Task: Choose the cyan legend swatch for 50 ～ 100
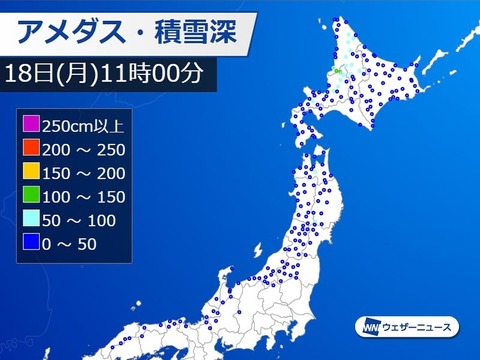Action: pos(32,219)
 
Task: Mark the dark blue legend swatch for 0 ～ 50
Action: pos(32,242)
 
